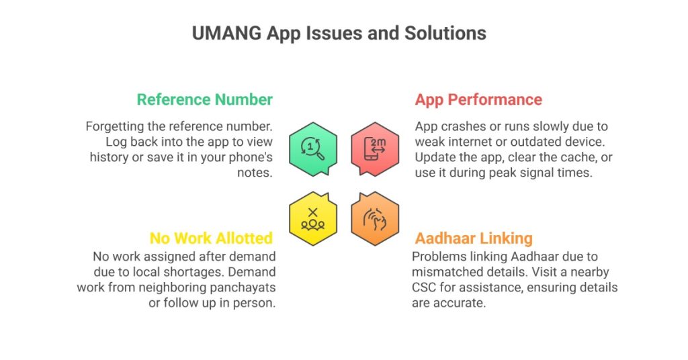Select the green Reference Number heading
coord(205,99)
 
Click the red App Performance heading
coord(478,99)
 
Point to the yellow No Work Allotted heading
coord(211,238)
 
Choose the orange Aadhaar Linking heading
coord(474,238)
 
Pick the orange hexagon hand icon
coord(375,218)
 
